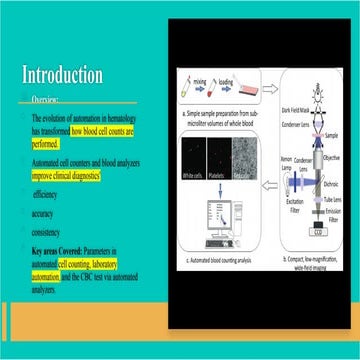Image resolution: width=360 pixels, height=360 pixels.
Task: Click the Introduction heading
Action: [62, 75]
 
